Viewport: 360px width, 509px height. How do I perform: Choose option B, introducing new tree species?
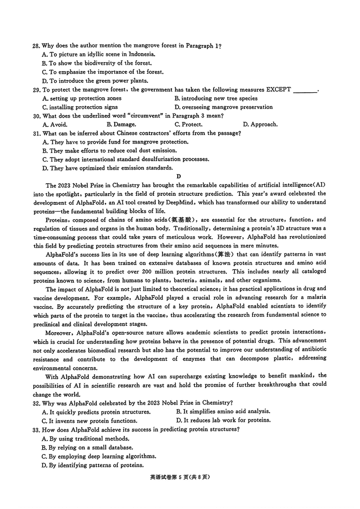click(216, 98)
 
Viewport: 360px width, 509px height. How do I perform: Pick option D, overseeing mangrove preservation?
click(224, 107)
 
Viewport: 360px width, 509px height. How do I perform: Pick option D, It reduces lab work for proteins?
click(224, 420)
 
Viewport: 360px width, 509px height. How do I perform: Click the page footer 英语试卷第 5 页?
click(180, 478)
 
